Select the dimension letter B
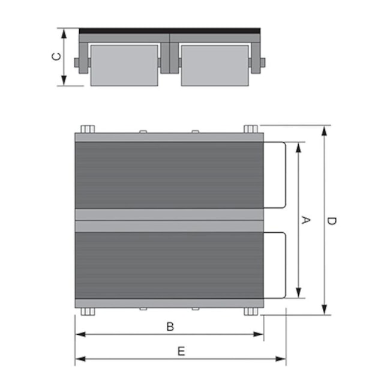[170, 326]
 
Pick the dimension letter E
[181, 352]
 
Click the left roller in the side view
[124, 65]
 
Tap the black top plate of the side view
[169, 30]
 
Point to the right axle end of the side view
[262, 62]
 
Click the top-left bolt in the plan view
[87, 130]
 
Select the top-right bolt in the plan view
[251, 130]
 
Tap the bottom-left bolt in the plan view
[87, 311]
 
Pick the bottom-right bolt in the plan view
[251, 311]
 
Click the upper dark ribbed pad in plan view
[169, 175]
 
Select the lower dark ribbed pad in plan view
[169, 265]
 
